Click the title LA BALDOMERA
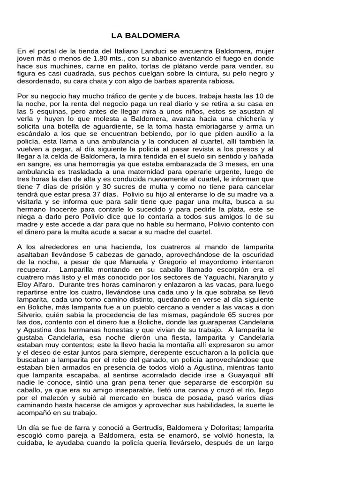[x=139, y=36]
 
